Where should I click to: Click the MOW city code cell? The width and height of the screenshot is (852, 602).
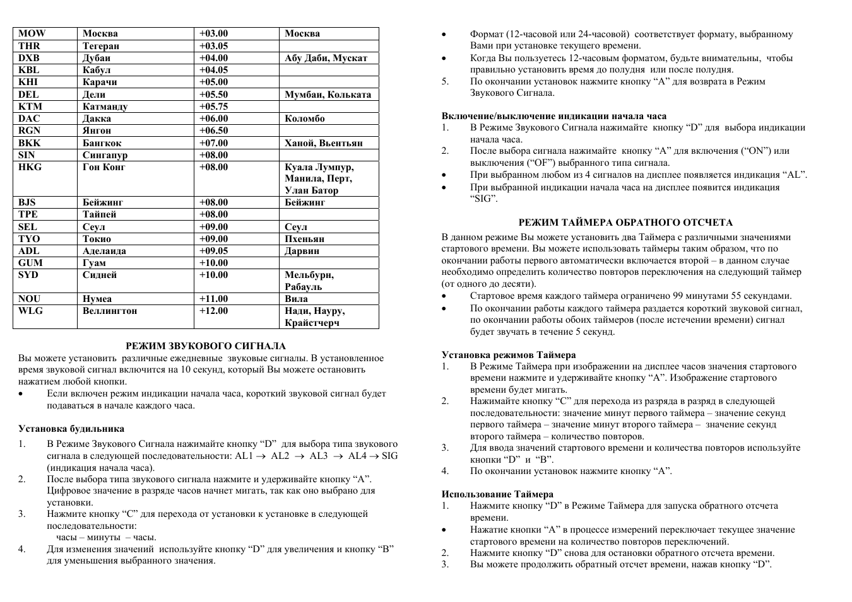tap(32, 33)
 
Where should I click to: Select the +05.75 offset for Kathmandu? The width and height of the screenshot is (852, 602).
tap(213, 107)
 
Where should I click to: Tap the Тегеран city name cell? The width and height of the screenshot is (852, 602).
tap(101, 46)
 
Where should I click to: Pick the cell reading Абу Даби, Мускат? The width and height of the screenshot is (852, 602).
tap(326, 58)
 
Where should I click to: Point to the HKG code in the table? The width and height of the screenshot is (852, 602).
tap(30, 167)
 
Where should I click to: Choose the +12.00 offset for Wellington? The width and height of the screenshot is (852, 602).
tap(213, 311)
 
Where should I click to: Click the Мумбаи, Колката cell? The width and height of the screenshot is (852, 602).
tap(328, 95)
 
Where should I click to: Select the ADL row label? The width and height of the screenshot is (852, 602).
tap(29, 251)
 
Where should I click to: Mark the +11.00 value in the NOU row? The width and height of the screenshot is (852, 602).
tap(213, 299)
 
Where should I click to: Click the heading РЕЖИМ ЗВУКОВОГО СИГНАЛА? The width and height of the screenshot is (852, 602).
tap(206, 346)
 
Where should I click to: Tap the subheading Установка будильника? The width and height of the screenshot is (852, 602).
tap(71, 429)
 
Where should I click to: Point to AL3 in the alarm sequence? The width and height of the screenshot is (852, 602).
tap(319, 456)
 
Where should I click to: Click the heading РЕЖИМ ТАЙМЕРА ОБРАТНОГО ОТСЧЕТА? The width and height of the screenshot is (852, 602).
tap(625, 223)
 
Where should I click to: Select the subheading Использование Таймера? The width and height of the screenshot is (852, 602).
tap(497, 494)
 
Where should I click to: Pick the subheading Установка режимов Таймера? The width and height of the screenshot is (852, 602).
tap(509, 355)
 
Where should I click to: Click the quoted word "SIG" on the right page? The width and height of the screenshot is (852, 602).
tap(484, 199)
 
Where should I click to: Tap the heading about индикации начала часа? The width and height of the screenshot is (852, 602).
tap(553, 116)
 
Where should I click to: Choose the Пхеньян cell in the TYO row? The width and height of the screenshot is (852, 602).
tap(304, 239)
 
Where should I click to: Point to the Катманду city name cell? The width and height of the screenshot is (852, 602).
tap(105, 107)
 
